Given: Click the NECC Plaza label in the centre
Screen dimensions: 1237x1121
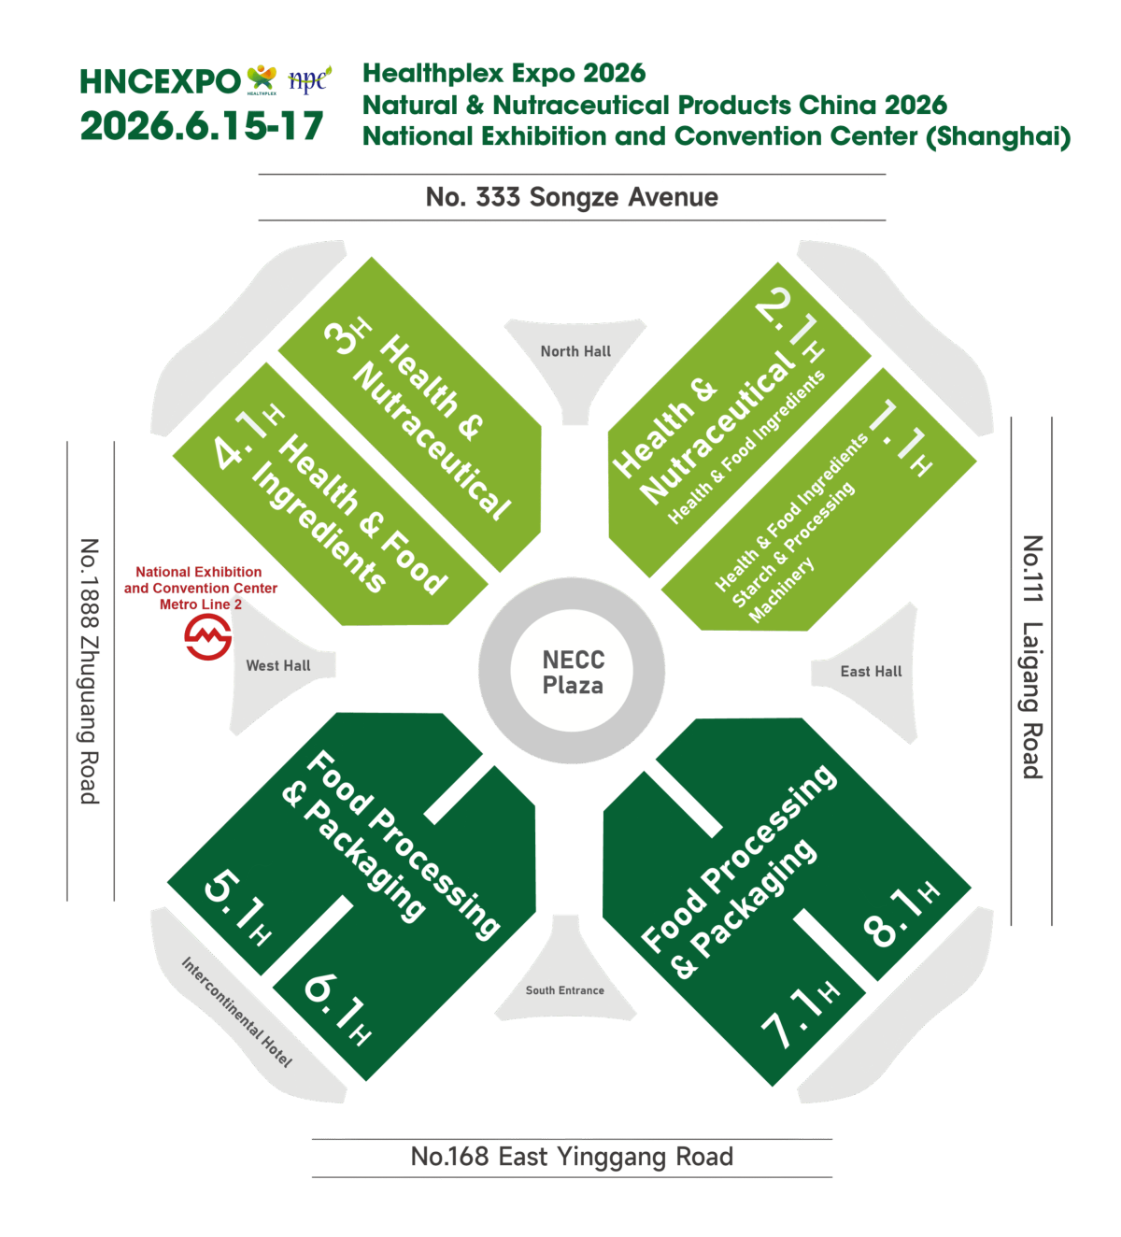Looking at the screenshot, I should click(x=573, y=672).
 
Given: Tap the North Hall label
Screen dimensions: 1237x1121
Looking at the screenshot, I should click(x=575, y=351).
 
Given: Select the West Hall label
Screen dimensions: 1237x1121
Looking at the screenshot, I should click(x=277, y=665).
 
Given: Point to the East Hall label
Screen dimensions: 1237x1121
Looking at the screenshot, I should click(x=871, y=671).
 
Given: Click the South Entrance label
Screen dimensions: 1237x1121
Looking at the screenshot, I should click(x=564, y=990).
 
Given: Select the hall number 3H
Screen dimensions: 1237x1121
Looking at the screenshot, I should click(x=347, y=336).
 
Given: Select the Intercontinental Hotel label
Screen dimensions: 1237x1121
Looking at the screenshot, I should click(x=236, y=1012).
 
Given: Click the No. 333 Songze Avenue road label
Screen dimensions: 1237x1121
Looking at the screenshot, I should click(x=572, y=197).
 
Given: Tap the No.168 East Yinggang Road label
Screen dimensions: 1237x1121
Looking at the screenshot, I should click(x=572, y=1157).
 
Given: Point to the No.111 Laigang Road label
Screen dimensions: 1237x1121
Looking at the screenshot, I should click(x=1031, y=657).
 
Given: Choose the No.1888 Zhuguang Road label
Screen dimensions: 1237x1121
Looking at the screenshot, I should click(x=89, y=670).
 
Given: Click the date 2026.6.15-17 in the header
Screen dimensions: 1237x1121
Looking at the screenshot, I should click(x=202, y=126).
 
